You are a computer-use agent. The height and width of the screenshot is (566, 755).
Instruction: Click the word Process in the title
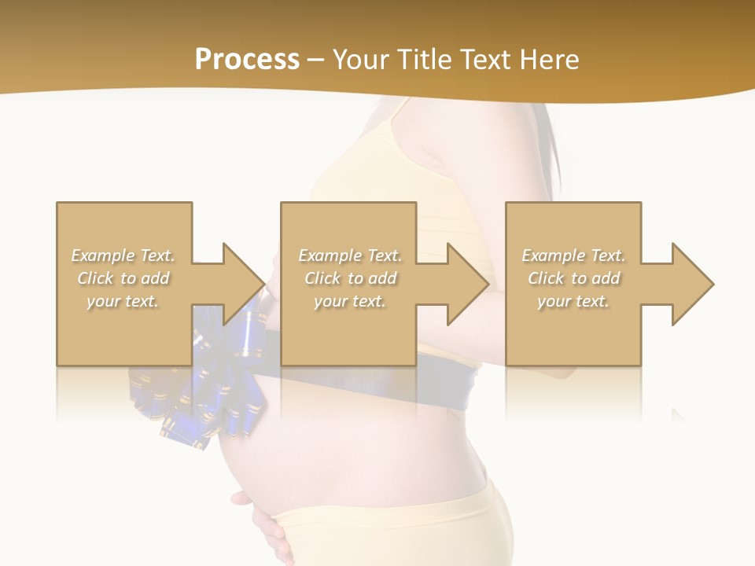(247, 60)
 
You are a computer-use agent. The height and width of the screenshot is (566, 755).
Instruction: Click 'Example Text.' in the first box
(123, 255)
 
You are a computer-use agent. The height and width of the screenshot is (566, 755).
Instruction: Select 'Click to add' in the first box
(123, 278)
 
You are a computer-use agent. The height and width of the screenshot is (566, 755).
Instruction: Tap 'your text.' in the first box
(123, 301)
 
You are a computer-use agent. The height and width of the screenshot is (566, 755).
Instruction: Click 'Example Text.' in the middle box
(350, 255)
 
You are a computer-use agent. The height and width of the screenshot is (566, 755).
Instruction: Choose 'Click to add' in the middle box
(350, 278)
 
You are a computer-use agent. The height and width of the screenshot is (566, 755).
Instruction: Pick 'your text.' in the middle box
(350, 301)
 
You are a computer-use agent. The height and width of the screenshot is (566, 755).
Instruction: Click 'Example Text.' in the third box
(573, 255)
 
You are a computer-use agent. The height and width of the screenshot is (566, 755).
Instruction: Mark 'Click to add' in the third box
(573, 278)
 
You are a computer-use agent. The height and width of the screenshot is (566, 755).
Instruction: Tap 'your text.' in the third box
(573, 301)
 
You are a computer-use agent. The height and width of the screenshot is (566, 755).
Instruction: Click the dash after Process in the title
(316, 61)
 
